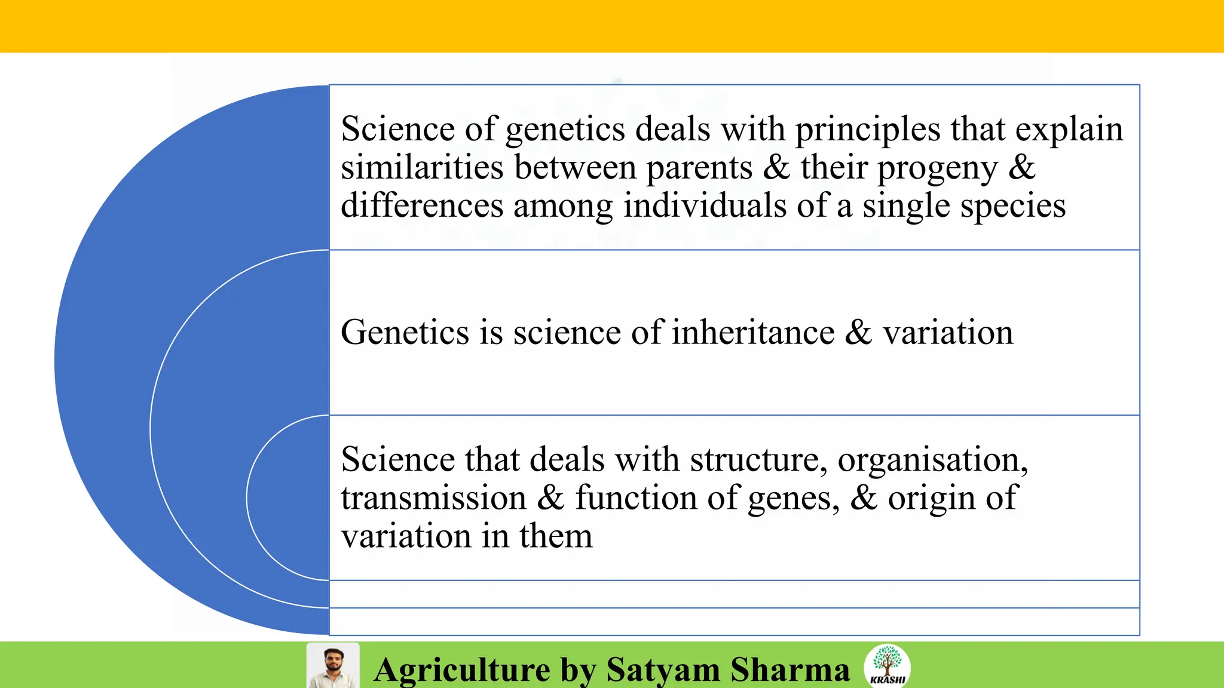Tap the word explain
click(1069, 130)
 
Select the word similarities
click(422, 167)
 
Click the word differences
click(422, 205)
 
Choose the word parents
click(699, 168)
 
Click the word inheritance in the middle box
click(753, 332)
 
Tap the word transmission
click(434, 498)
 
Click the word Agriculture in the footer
click(462, 670)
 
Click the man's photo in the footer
click(333, 666)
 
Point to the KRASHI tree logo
click(888, 665)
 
